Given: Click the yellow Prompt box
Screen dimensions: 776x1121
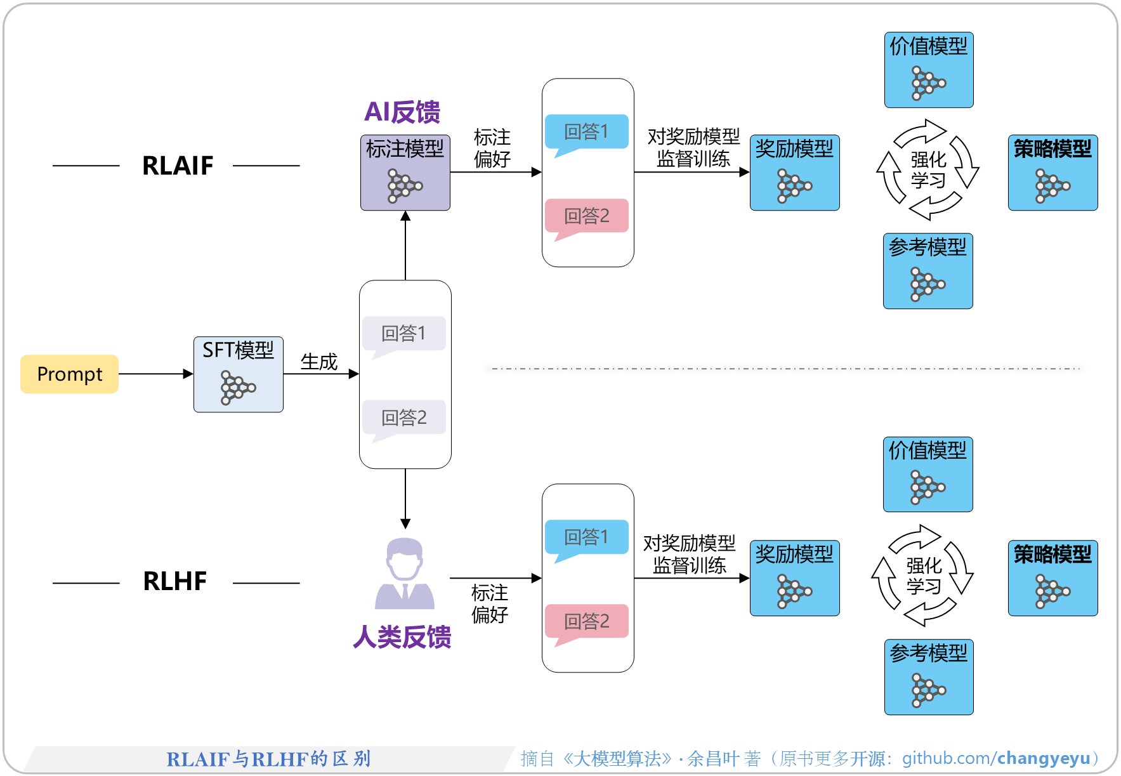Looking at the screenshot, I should click(x=69, y=374).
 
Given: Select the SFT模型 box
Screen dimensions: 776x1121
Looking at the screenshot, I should click(x=238, y=374).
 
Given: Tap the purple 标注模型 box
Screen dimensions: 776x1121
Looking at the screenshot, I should click(x=405, y=172).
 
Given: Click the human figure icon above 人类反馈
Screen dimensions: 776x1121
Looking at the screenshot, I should click(x=405, y=574).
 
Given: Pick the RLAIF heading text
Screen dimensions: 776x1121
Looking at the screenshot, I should click(x=177, y=166).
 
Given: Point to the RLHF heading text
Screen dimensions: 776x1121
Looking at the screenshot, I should click(x=174, y=581).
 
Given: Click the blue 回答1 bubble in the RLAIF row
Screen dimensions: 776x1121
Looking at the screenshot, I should click(x=586, y=131).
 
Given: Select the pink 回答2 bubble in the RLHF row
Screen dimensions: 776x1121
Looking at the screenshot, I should click(x=586, y=621).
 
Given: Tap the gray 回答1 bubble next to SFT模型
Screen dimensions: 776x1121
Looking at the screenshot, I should click(x=403, y=333).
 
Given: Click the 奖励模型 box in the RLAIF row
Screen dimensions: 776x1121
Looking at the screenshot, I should click(x=794, y=172).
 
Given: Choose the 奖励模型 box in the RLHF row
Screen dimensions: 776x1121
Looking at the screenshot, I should click(x=794, y=578).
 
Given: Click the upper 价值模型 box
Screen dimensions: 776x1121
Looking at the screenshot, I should click(x=929, y=70).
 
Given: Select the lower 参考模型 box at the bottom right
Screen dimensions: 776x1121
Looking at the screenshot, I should click(x=929, y=676).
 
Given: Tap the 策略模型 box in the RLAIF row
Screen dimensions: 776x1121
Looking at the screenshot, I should click(x=1052, y=172).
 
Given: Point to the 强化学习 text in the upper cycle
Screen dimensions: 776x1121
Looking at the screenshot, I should click(x=928, y=169).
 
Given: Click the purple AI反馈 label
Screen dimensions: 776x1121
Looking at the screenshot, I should click(x=402, y=112).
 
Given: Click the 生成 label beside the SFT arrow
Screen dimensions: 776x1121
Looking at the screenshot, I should click(x=318, y=362).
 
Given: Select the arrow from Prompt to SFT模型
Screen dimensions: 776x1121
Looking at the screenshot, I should click(x=155, y=374).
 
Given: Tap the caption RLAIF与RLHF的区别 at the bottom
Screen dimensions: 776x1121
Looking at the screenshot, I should click(x=268, y=759).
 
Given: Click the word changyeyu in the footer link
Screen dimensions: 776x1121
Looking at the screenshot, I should click(x=1043, y=758).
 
